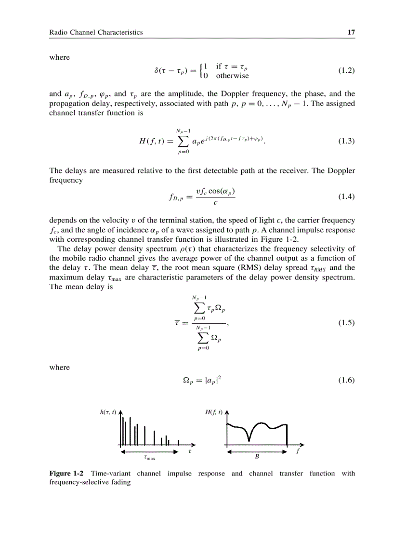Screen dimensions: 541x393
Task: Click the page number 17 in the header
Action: [x=351, y=32]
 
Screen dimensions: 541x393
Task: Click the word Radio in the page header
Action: [x=58, y=32]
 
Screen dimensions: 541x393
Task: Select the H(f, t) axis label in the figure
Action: [x=213, y=412]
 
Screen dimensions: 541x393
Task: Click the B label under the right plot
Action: [x=257, y=458]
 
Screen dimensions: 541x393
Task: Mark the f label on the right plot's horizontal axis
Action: [x=298, y=452]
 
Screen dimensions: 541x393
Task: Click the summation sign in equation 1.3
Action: [x=182, y=141]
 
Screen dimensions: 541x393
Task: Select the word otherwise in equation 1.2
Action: [x=232, y=76]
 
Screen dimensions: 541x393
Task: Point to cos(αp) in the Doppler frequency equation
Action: [x=222, y=191]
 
